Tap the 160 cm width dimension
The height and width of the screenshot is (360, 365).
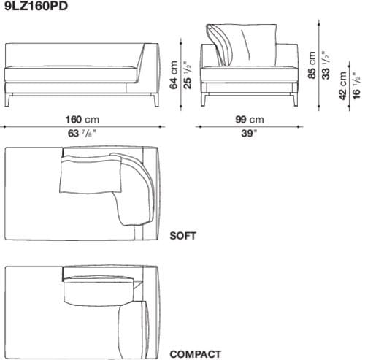pos(82,120)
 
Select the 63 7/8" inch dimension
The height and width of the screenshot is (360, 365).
pos(82,134)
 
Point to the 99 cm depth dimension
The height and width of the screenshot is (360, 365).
pos(247,120)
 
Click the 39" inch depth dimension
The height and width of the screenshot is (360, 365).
pos(248,134)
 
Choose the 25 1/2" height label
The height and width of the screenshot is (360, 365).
pos(188,74)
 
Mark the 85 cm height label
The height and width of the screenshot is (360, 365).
pos(312,64)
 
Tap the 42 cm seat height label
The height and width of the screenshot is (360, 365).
pos(343,86)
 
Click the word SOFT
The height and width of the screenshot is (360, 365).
pos(182,236)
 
